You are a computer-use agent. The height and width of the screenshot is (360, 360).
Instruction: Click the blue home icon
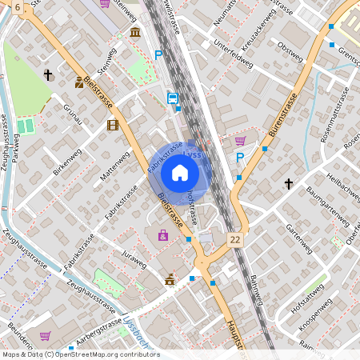click(x=180, y=173)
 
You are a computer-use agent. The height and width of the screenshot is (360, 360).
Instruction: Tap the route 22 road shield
click(x=234, y=239)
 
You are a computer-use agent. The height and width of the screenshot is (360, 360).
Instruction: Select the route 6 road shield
click(x=17, y=6)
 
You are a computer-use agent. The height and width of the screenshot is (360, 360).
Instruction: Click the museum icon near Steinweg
click(x=135, y=32)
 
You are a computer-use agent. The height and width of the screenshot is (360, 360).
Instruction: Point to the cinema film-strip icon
click(x=113, y=125)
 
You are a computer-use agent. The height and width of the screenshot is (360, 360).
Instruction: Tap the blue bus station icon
click(x=173, y=98)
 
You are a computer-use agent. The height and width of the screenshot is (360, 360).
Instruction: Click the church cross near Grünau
click(x=48, y=75)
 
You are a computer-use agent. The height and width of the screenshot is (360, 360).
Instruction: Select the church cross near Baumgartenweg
click(x=289, y=184)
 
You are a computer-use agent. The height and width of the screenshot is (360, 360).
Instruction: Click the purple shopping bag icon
click(x=163, y=235)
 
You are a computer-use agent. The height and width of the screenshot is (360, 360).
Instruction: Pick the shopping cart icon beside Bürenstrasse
click(x=239, y=141)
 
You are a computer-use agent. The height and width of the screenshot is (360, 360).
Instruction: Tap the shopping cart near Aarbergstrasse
click(x=46, y=336)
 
